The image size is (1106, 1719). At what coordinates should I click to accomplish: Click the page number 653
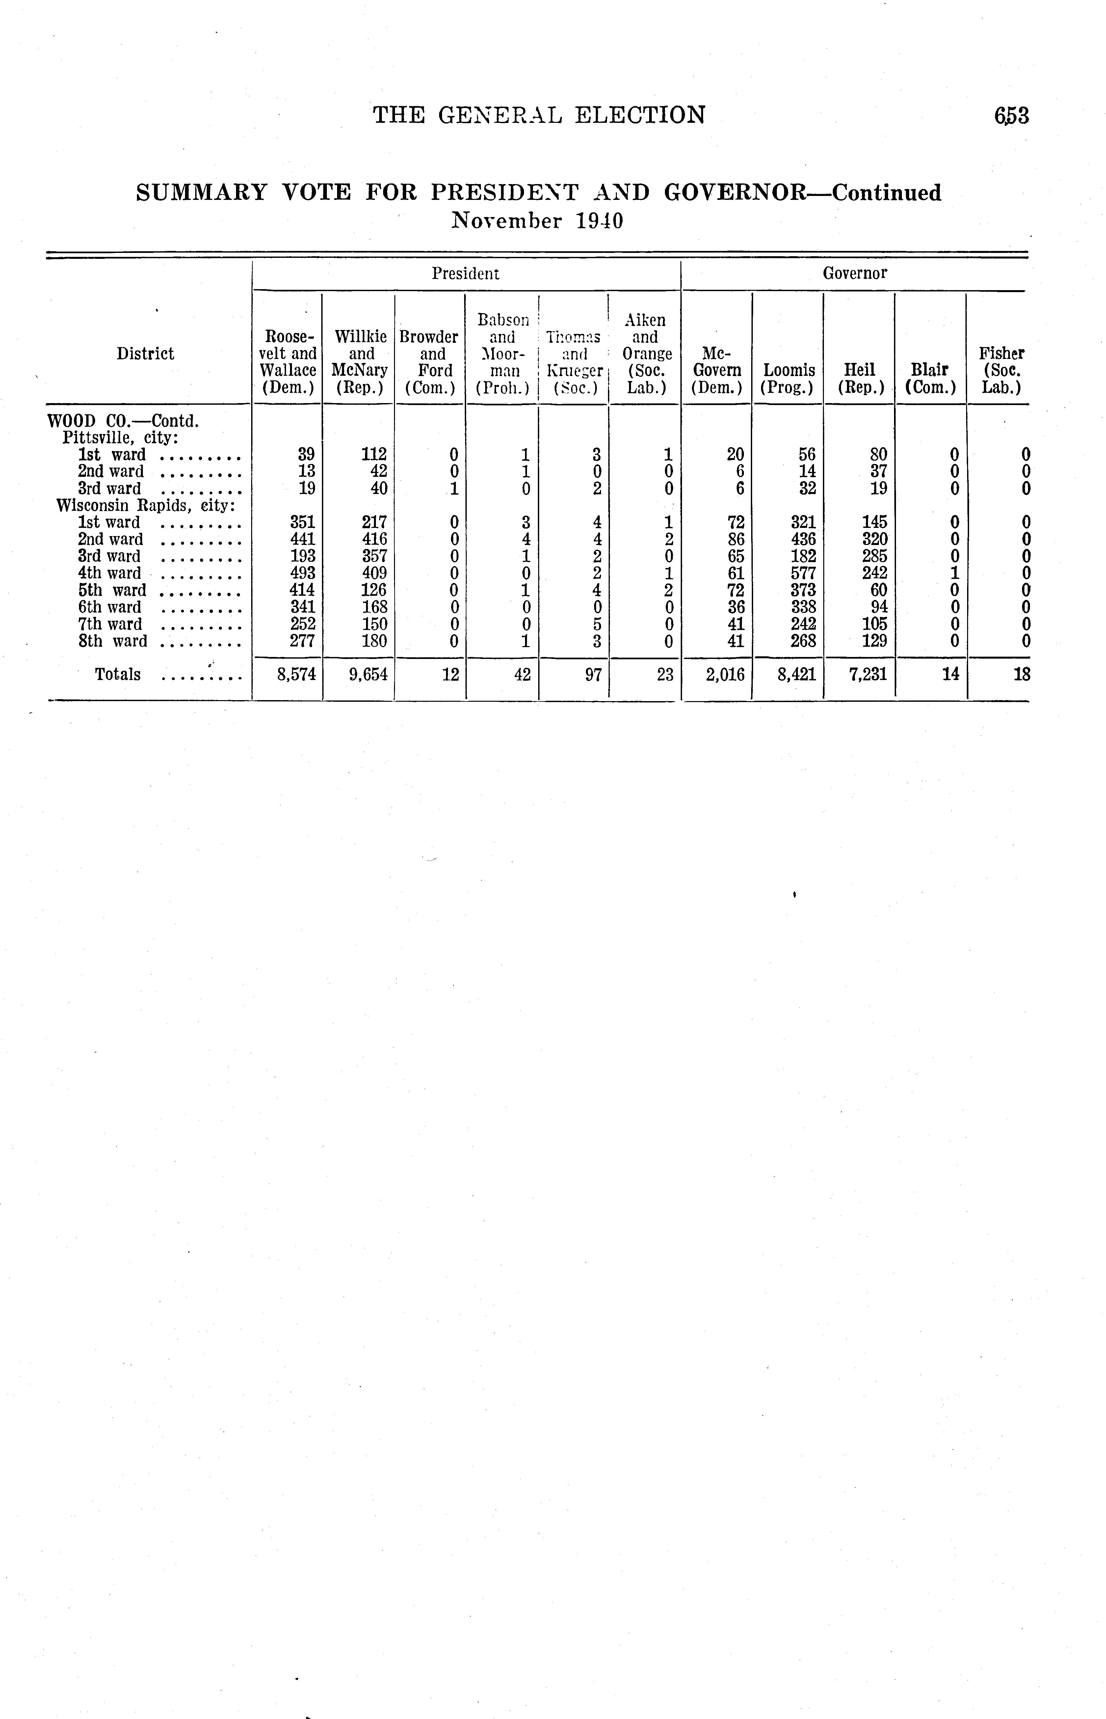click(x=1012, y=116)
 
